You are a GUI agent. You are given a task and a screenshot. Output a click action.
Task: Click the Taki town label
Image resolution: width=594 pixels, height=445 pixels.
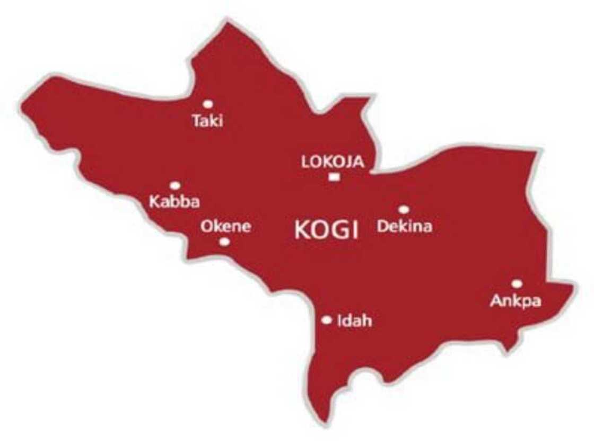pos(208,121)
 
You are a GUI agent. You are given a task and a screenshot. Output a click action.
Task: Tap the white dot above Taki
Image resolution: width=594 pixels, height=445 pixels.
pos(208,104)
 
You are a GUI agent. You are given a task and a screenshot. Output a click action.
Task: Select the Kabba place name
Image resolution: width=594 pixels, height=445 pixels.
pos(171,202)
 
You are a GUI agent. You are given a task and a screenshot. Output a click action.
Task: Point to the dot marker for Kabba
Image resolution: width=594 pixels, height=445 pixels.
pos(175,185)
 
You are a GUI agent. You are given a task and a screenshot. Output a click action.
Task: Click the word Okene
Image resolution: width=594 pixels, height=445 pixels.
pos(225,227)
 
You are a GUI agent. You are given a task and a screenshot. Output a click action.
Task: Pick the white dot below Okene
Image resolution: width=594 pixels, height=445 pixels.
pos(225,242)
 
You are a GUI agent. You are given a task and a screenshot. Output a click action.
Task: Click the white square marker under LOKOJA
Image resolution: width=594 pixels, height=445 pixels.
pos(334,177)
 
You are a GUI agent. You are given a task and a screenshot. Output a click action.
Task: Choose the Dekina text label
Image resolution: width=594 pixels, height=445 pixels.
pos(405,227)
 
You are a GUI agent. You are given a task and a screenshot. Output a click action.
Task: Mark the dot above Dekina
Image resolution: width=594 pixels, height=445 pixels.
pos(404,210)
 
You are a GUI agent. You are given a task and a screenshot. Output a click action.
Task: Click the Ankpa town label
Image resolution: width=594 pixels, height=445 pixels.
pos(516,301)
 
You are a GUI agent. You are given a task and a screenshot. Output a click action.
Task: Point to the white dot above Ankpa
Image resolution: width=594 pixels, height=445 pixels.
pos(517,284)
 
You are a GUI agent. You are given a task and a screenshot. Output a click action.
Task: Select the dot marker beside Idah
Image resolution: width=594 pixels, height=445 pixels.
pos(327,320)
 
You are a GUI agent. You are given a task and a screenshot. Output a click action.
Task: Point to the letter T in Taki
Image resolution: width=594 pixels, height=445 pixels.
pos(197,121)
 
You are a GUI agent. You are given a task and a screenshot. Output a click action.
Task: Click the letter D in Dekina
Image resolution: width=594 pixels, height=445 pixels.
pos(382,227)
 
